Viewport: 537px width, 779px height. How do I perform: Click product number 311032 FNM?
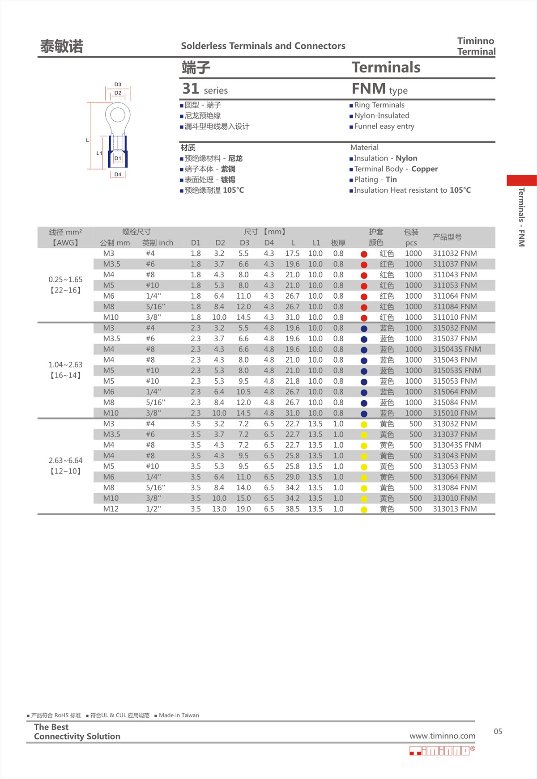(x=455, y=254)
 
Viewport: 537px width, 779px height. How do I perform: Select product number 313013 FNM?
(x=455, y=509)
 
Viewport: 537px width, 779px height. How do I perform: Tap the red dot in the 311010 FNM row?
(x=364, y=318)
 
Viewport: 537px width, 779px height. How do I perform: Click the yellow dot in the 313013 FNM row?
(x=364, y=509)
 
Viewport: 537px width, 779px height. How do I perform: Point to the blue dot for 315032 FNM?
(x=364, y=329)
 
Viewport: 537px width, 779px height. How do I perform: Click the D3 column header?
(x=244, y=243)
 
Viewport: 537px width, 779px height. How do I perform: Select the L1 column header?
(x=316, y=243)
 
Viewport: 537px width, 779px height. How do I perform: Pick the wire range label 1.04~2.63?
(x=65, y=365)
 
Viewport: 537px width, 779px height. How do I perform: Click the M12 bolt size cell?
(x=111, y=509)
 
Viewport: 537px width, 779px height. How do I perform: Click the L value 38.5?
(x=292, y=509)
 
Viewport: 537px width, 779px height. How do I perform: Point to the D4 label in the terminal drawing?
(x=118, y=174)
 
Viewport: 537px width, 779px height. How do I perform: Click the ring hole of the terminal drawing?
(x=118, y=115)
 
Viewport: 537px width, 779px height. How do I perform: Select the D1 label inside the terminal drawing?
(x=118, y=158)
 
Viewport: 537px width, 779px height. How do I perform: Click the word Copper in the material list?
(x=424, y=169)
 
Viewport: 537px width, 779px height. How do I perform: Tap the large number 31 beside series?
(x=191, y=89)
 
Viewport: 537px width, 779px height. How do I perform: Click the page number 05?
(x=498, y=732)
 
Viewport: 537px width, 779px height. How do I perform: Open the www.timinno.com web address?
(x=442, y=736)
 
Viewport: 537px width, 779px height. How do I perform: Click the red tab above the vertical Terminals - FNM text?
(x=521, y=180)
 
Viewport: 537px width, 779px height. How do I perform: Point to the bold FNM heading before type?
(x=368, y=89)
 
